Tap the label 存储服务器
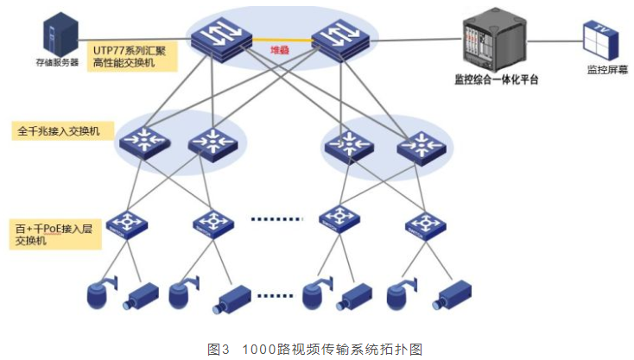click(56, 61)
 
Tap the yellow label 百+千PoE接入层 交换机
click(48, 235)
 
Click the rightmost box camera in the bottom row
click(451, 295)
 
